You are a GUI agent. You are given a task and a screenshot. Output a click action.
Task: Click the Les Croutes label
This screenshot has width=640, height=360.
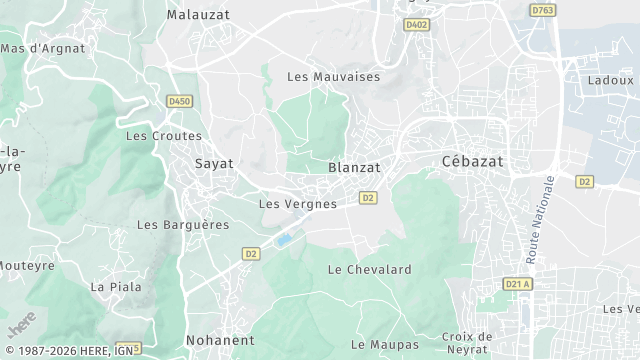coord(164,136)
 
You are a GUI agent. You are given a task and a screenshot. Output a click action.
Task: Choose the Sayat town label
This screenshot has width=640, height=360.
coord(213,163)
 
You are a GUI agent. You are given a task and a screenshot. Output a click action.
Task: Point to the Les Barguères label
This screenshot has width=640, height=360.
coord(183,225)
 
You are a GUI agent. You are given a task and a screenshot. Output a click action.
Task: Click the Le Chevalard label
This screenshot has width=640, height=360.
coord(370,269)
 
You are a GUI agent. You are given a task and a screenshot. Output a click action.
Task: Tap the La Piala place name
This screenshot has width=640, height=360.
coord(116,286)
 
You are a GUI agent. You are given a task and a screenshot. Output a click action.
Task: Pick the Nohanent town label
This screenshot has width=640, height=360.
coord(220,340)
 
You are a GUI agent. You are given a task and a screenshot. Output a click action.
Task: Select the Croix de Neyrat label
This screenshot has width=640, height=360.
coord(468,343)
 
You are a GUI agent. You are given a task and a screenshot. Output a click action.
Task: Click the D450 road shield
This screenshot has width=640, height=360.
coord(180,101)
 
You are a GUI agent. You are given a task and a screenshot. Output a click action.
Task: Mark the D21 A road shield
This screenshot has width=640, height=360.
coord(517,284)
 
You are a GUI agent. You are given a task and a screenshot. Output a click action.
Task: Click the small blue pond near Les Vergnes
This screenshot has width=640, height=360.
coord(285,240)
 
